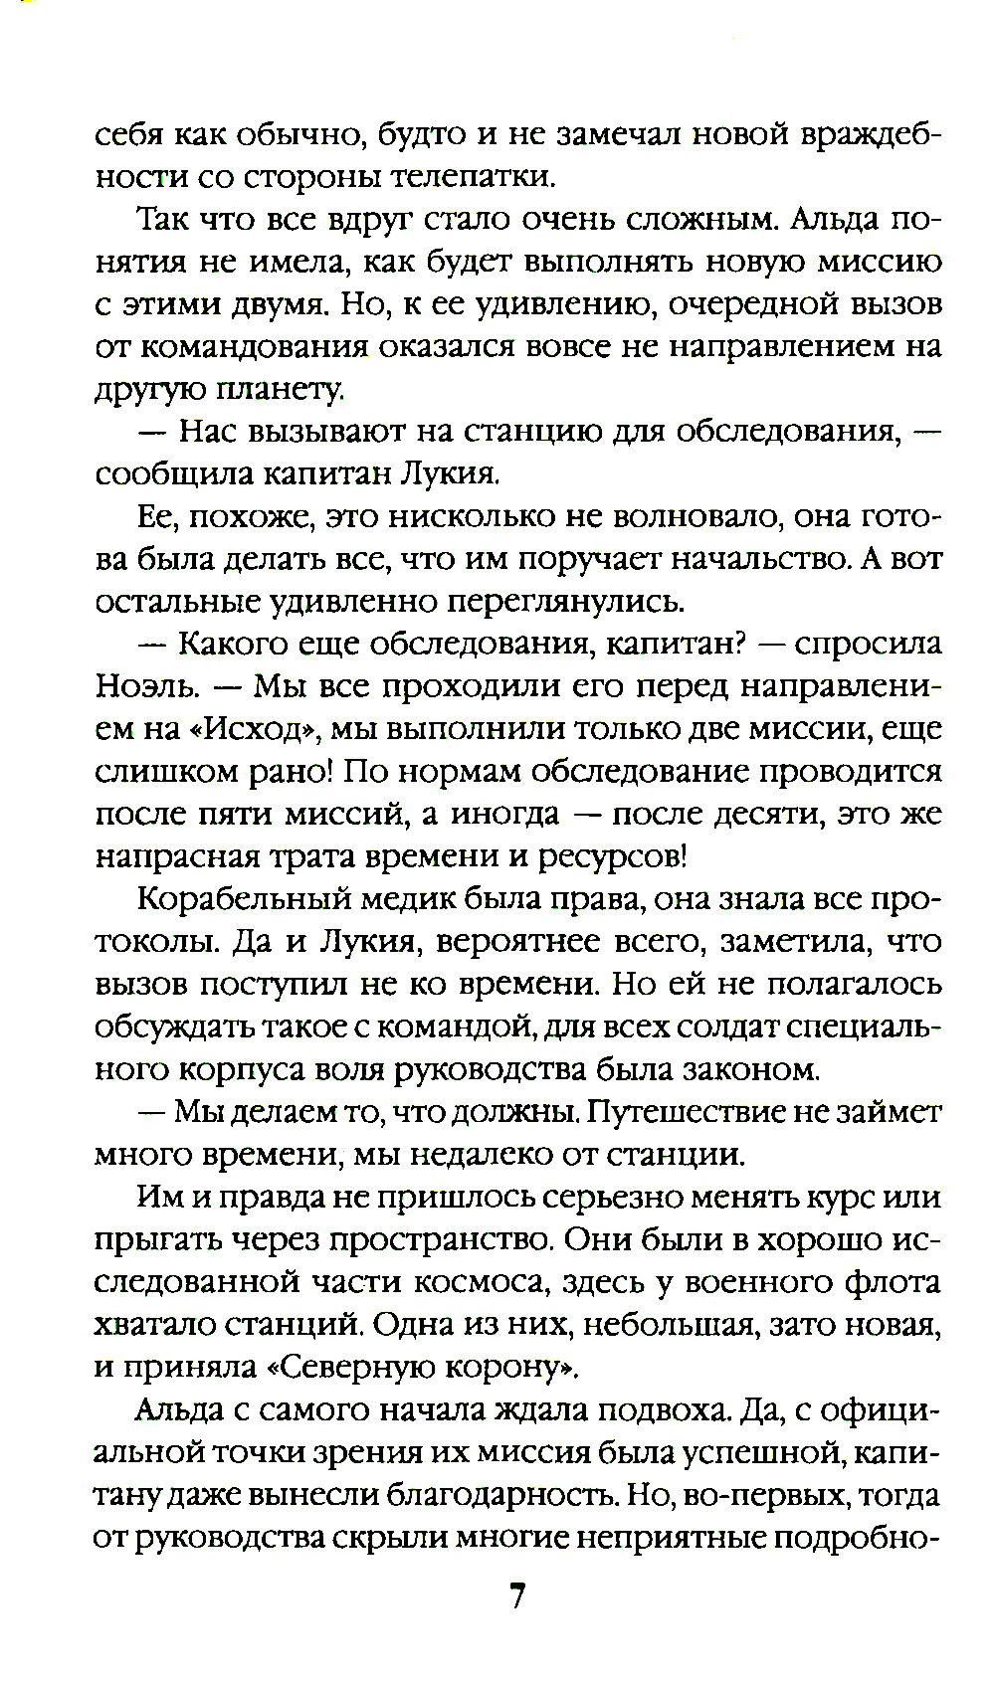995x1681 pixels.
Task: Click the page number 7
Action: click(516, 1596)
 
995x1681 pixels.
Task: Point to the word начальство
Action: click(762, 559)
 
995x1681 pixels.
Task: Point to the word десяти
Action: click(761, 814)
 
